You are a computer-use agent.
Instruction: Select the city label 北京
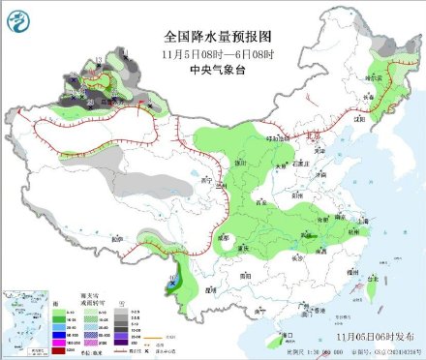(x=308, y=142)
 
